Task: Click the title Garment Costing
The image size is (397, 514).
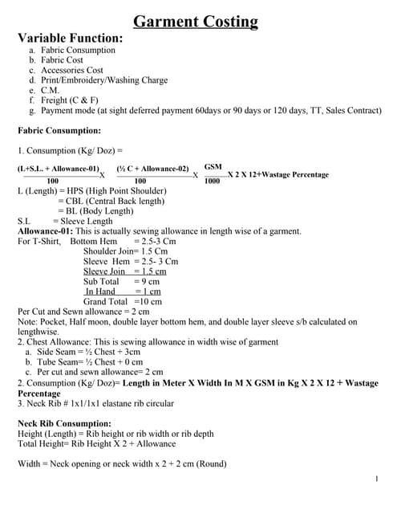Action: coord(195,22)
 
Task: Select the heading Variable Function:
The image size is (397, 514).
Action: coord(71,38)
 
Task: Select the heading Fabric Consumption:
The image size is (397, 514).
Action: coord(59,130)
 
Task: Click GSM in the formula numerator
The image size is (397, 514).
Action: coord(213,165)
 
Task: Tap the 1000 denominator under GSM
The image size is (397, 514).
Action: coord(212,182)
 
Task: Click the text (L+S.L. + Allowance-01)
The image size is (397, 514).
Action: coord(58,169)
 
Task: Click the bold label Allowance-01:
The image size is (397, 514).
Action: coord(46,231)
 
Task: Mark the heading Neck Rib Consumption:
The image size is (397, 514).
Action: coord(64,423)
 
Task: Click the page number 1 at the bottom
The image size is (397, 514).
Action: coord(376,479)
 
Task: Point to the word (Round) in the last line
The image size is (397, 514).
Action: coord(211,464)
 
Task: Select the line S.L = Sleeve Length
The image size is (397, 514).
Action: coord(65,221)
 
